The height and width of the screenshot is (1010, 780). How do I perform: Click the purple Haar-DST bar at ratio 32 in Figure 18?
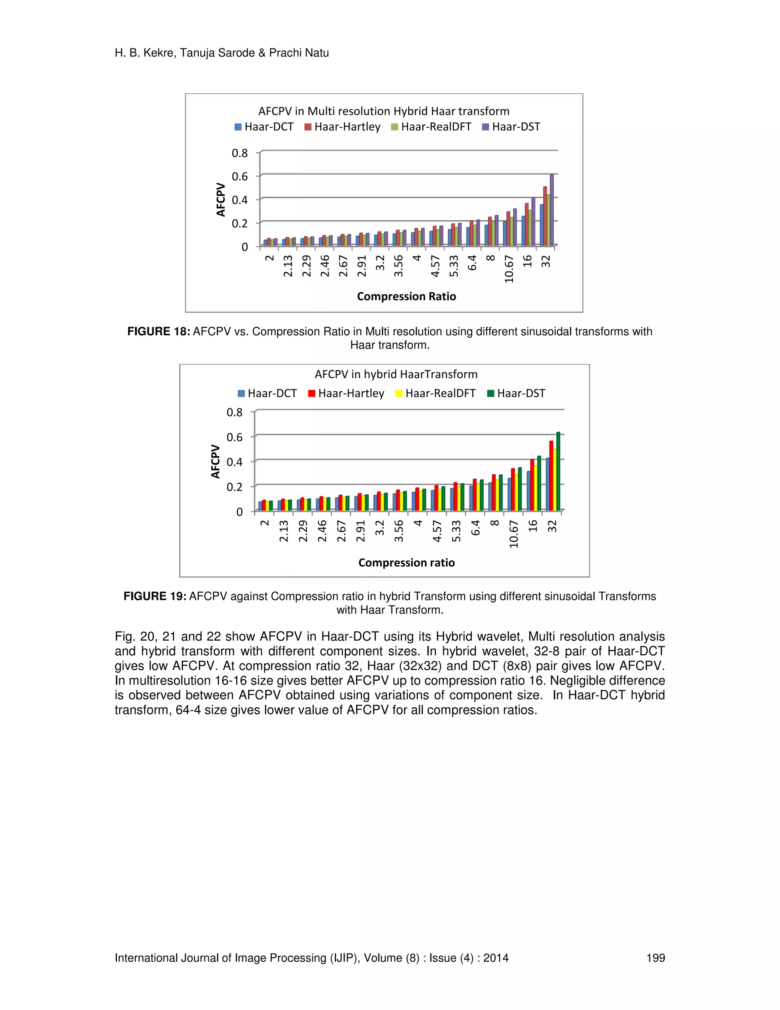click(551, 210)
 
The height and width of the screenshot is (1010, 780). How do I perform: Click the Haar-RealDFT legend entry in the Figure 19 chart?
click(435, 394)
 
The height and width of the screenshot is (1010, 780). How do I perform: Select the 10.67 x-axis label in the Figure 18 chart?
click(509, 269)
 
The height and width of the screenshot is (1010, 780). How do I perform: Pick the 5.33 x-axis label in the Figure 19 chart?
click(456, 531)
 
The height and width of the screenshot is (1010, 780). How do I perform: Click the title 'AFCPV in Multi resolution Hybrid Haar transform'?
click(384, 111)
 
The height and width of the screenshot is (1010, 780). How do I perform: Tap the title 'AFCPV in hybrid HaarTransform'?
click(396, 374)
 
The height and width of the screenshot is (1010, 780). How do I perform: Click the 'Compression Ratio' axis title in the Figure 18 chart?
click(406, 297)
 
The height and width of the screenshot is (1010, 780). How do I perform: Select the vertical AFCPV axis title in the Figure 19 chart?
click(215, 461)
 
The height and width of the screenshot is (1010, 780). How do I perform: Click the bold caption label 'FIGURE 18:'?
click(158, 332)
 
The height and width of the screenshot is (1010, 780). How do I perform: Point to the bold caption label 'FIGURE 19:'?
click(155, 596)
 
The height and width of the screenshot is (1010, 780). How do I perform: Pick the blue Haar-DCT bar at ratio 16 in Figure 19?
click(529, 490)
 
